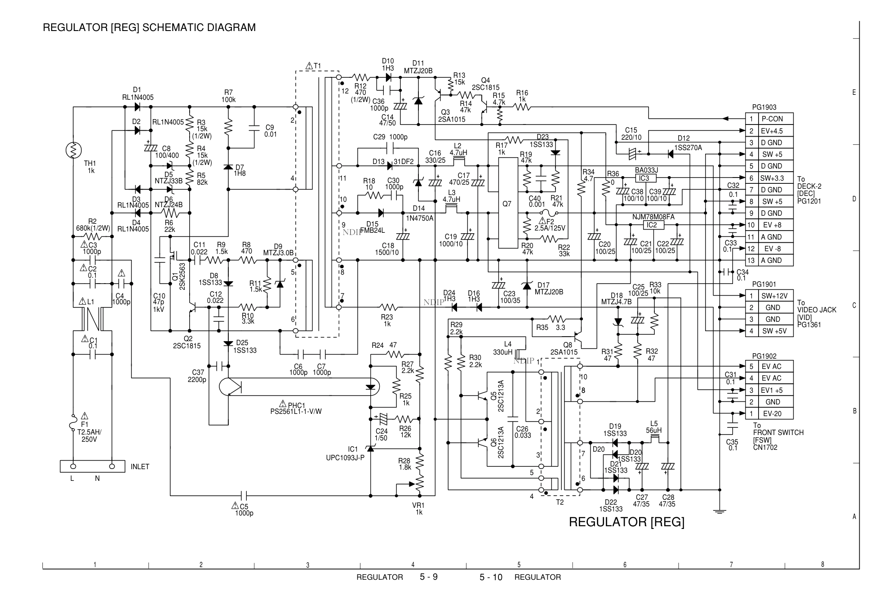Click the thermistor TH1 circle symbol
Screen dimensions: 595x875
[x=73, y=150]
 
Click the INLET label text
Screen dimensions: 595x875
[x=140, y=467]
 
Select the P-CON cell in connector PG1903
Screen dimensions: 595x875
[x=772, y=119]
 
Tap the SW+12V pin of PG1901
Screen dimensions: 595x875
[x=774, y=296]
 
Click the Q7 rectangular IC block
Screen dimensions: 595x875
[x=507, y=204]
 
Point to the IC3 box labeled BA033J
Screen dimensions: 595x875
[x=644, y=178]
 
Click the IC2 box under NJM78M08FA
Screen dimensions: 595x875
[x=651, y=225]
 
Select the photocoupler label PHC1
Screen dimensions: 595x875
[x=297, y=405]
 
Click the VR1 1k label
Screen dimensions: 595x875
[x=418, y=509]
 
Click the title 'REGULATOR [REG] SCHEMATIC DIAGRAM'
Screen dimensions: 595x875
[x=149, y=28]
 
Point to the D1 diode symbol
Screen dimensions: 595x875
[x=137, y=107]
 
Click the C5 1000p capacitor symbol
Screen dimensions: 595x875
[x=244, y=496]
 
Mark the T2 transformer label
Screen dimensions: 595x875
[x=560, y=502]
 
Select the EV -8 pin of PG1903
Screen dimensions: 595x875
[x=772, y=249]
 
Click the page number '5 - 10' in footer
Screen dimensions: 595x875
[x=491, y=577]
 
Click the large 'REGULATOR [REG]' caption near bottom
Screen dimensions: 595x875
[x=626, y=522]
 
